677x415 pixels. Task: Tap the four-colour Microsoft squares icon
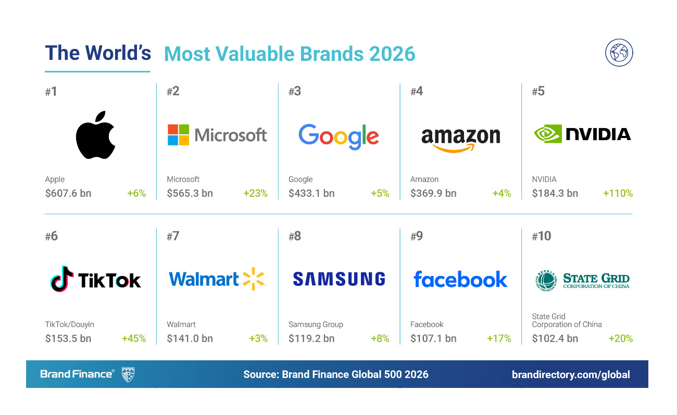(x=178, y=135)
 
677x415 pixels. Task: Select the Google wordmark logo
(x=338, y=136)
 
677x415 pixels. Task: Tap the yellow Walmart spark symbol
(x=254, y=279)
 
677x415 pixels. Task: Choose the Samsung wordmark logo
(x=338, y=279)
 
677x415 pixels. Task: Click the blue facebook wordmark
(x=460, y=279)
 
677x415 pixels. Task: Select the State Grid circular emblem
(x=546, y=280)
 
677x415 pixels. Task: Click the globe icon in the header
(x=619, y=53)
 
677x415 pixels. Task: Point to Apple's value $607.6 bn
(x=68, y=193)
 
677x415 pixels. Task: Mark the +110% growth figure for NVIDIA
(x=618, y=193)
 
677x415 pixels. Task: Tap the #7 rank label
(x=173, y=236)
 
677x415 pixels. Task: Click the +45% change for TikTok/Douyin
(x=134, y=338)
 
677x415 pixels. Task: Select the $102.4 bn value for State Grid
(x=555, y=338)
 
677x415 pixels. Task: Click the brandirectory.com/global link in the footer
(x=571, y=374)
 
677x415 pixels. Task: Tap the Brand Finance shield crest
(x=128, y=374)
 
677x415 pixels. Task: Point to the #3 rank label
(x=295, y=92)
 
